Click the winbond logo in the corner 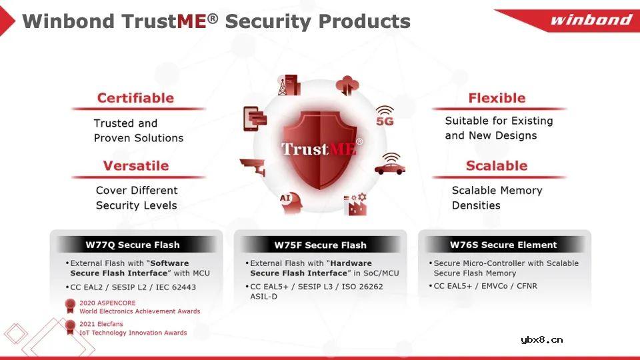coord(591,19)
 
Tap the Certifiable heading coord(135,98)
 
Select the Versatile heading coord(136,166)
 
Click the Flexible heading coord(497,98)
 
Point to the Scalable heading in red coord(497,166)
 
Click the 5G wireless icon coord(385,116)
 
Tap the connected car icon coord(390,164)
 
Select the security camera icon coord(253,167)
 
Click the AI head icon coord(291,203)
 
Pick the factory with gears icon coord(355,204)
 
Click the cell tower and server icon coord(289,85)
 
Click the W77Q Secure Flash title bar coord(136,245)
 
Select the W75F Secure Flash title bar coord(320,245)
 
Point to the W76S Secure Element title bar coord(504,245)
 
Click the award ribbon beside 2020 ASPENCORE coord(70,306)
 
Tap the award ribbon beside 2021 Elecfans coord(70,327)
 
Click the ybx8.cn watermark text coord(541,339)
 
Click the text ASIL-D coord(264,297)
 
